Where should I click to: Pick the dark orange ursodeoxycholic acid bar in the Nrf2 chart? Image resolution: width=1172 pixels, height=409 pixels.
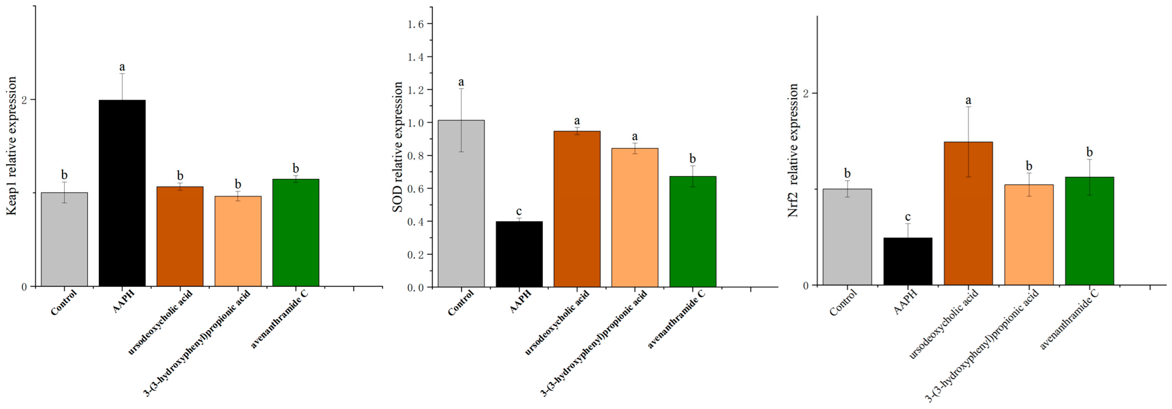(x=968, y=214)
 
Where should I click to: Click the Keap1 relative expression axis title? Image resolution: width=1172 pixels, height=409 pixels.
(x=12, y=145)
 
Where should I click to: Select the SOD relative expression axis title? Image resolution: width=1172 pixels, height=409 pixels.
(x=398, y=146)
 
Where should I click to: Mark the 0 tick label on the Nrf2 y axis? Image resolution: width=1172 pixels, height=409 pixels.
(x=806, y=285)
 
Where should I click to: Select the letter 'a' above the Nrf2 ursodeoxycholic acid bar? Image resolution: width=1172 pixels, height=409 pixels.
(x=968, y=100)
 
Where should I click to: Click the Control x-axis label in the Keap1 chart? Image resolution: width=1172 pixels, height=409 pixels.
(x=63, y=302)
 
